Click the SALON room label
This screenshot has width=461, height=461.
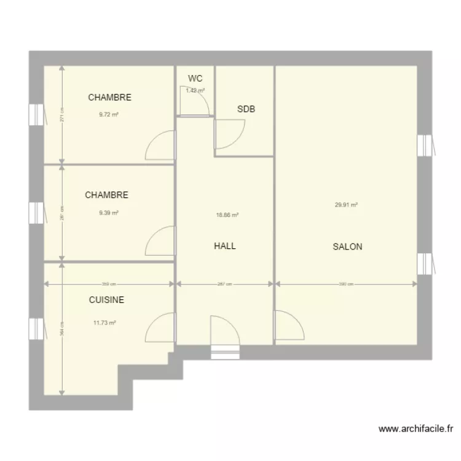(x=347, y=247)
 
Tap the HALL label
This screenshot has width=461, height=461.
(x=225, y=246)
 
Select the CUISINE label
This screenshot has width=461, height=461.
(x=106, y=300)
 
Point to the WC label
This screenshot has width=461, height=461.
(x=195, y=79)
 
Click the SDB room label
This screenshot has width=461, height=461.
(x=246, y=109)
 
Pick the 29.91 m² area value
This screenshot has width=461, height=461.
(x=347, y=205)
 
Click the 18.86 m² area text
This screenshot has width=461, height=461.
(x=227, y=215)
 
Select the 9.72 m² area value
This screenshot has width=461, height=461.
(x=108, y=114)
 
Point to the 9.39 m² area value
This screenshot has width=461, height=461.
(x=108, y=213)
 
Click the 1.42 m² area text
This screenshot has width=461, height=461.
(x=195, y=90)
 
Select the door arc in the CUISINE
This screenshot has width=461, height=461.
(x=160, y=327)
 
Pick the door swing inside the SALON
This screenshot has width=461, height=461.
(x=288, y=325)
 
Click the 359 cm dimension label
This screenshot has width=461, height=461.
(x=109, y=284)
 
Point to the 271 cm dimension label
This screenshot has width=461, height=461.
(x=61, y=115)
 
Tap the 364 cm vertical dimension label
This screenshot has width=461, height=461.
(x=61, y=328)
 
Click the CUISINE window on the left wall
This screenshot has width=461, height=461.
(x=37, y=328)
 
